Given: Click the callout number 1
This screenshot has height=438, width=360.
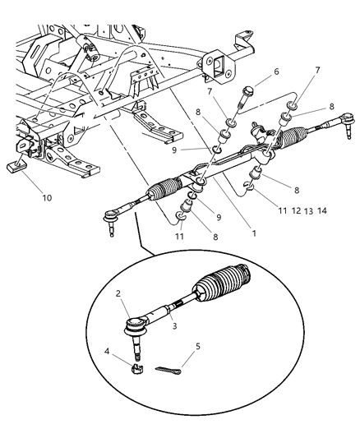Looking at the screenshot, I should click(x=254, y=233).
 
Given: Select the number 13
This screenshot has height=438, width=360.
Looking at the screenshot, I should click(x=308, y=210).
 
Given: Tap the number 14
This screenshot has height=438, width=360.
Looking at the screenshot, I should click(x=323, y=210).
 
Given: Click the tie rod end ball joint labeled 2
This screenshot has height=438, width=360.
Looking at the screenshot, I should click(x=135, y=327).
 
